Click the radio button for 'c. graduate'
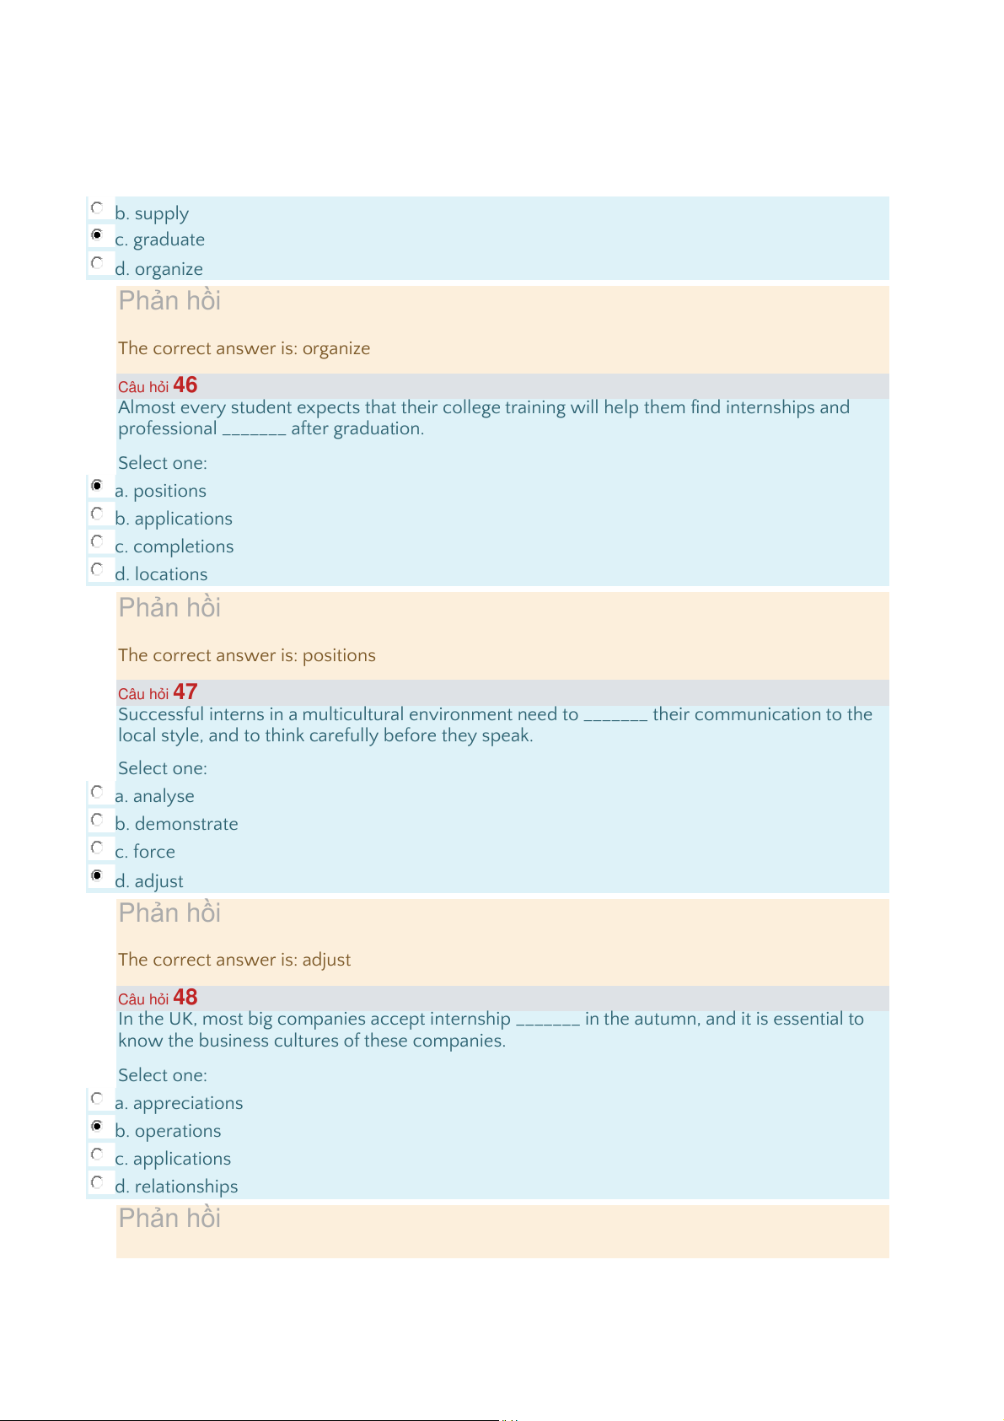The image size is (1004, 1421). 97,234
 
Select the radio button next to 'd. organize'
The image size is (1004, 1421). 97,263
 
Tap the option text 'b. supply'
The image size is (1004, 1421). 152,213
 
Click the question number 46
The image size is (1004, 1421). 185,385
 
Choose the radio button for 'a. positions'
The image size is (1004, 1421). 97,486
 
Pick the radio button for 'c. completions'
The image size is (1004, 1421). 97,541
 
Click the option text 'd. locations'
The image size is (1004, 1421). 161,574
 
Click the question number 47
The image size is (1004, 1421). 185,692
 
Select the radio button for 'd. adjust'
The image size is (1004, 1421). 97,875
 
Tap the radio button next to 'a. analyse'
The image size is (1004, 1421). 97,792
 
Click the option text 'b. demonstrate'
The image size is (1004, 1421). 176,824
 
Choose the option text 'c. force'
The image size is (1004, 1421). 145,852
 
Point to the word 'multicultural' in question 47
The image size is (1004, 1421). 353,714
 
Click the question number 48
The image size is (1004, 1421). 185,998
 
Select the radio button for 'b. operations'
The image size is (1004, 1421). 97,1126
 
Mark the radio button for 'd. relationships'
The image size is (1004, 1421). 97,1181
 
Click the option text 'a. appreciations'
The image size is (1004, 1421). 179,1103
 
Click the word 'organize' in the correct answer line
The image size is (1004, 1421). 336,348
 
